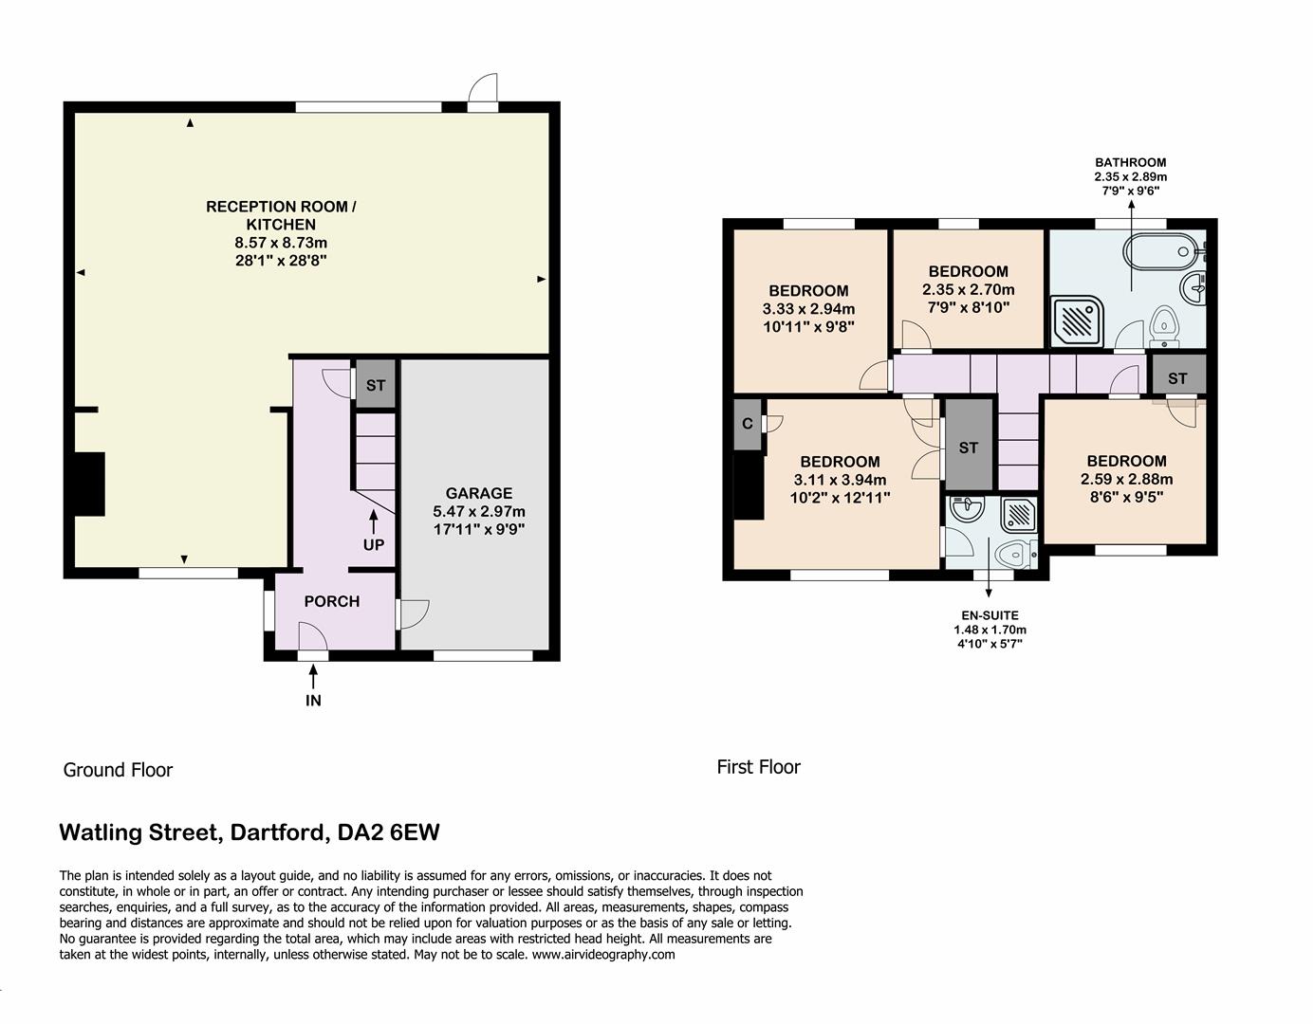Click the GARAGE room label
tap(479, 493)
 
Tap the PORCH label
tap(331, 601)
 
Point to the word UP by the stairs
tap(374, 545)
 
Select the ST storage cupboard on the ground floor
tap(376, 386)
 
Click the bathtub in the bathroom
tap(1158, 252)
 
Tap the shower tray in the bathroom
tap(1078, 320)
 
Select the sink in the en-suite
tap(966, 509)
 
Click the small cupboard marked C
tap(748, 424)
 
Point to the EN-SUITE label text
tap(990, 615)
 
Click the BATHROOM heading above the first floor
tap(1130, 162)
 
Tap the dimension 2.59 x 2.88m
tap(1126, 479)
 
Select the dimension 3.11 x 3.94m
tap(840, 480)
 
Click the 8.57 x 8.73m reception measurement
tap(281, 243)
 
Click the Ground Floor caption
tap(118, 770)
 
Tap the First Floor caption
tap(758, 767)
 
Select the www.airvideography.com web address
tap(603, 955)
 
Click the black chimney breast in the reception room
tap(89, 484)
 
